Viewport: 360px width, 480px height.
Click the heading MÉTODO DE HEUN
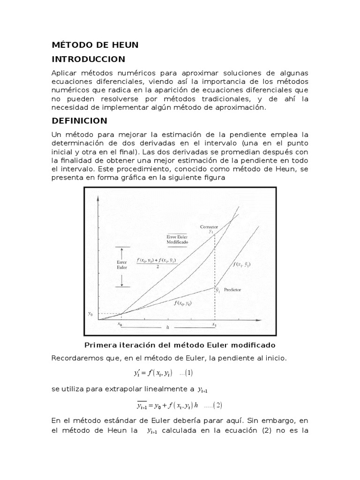(95, 45)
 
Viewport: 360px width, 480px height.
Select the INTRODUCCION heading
(88, 59)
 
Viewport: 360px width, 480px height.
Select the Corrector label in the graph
(210, 227)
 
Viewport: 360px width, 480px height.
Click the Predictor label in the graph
(233, 290)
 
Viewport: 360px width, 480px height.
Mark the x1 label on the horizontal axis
(214, 323)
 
